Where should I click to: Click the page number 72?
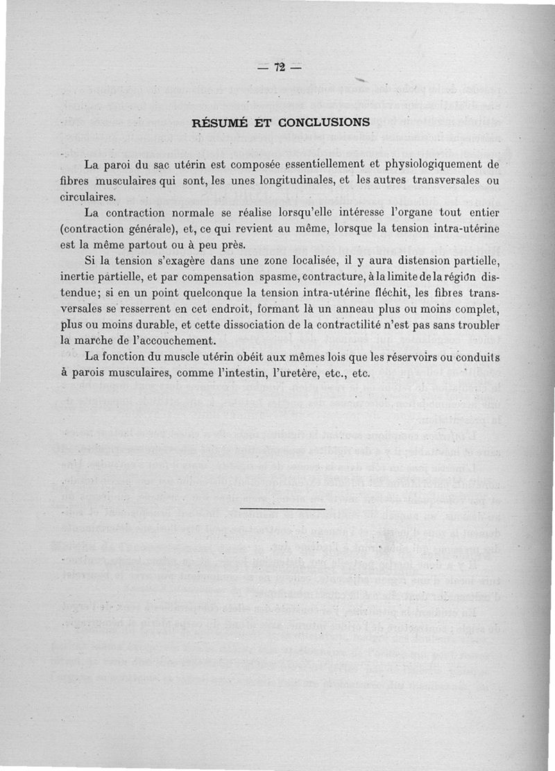click(x=280, y=67)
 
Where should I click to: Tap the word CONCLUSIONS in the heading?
click(x=324, y=123)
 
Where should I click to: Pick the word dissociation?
click(x=241, y=325)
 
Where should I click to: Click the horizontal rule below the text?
click(x=275, y=510)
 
